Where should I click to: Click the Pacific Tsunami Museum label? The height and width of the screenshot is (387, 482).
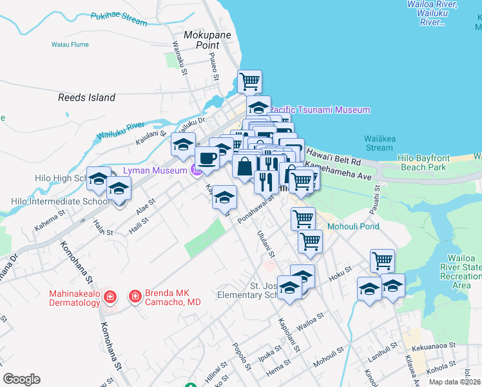(319, 110)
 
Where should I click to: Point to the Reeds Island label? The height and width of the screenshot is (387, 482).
(86, 97)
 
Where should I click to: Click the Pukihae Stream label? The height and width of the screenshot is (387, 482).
(119, 18)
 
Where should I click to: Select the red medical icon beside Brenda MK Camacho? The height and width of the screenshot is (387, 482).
(135, 297)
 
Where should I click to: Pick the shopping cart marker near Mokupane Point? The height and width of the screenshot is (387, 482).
(249, 81)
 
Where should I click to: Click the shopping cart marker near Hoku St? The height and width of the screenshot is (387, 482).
(382, 261)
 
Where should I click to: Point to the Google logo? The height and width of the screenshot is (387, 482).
(21, 379)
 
